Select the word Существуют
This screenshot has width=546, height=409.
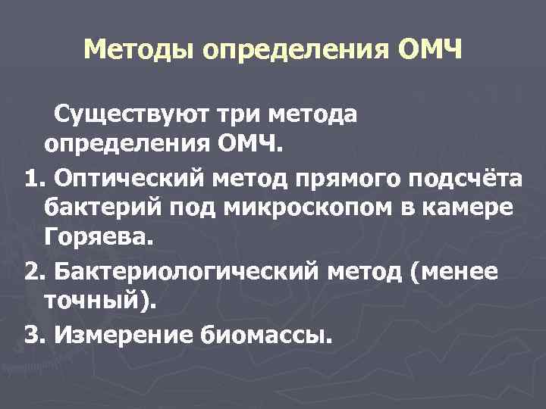pos(133,114)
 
